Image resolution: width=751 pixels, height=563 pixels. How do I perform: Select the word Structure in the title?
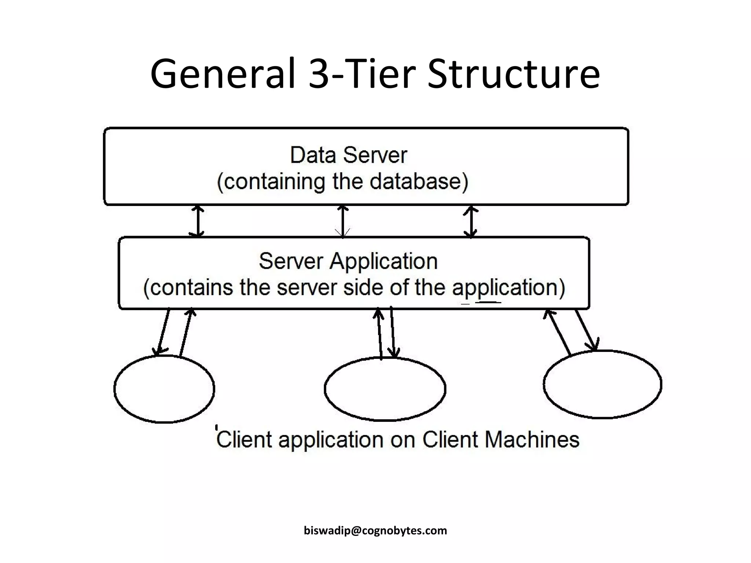click(513, 74)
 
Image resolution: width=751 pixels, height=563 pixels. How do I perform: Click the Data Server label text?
click(348, 155)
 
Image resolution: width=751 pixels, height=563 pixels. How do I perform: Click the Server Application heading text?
click(348, 261)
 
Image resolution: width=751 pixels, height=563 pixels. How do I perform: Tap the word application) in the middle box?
click(508, 287)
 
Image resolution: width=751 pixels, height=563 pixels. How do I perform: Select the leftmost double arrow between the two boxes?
click(198, 221)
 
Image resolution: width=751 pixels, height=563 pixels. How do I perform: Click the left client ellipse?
click(164, 389)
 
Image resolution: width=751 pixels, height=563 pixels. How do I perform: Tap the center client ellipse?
click(385, 389)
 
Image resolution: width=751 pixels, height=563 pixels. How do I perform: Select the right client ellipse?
click(602, 384)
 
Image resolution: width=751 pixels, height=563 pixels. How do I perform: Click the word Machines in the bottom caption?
click(532, 439)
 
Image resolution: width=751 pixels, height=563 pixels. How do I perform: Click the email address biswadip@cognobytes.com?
click(375, 530)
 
